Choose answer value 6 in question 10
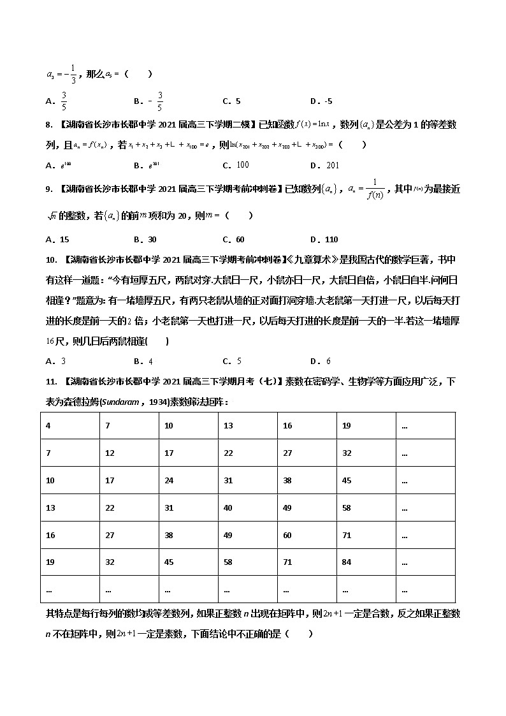coord(328,362)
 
